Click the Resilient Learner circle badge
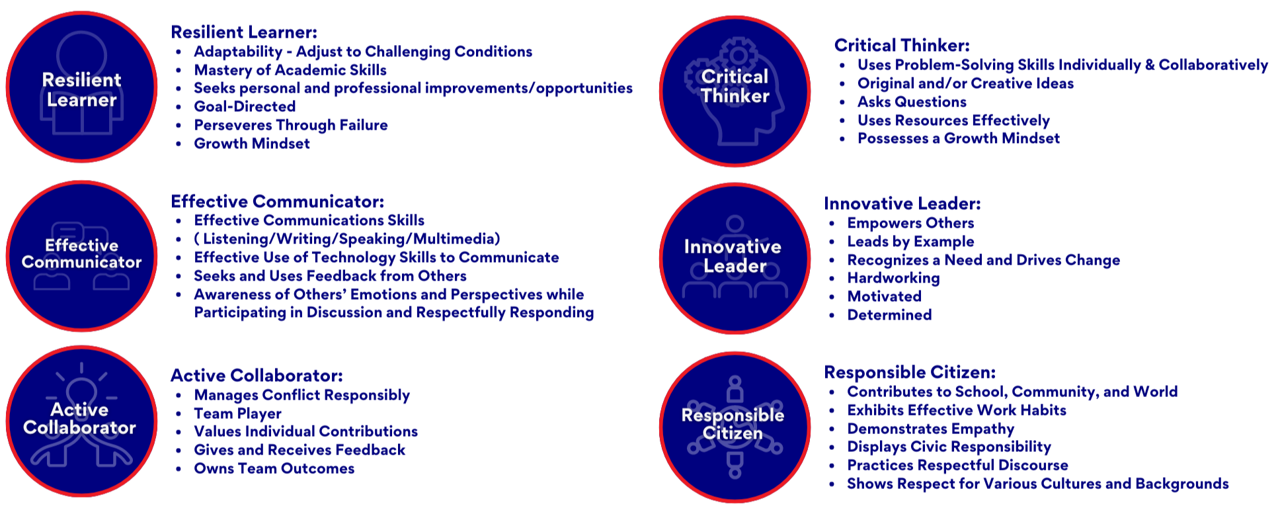tap(82, 87)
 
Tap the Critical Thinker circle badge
tap(735, 91)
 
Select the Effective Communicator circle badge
tap(82, 256)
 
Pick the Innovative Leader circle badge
tap(735, 259)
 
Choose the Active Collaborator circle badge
tap(82, 421)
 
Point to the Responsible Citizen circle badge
tap(735, 427)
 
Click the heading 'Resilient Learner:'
tap(244, 32)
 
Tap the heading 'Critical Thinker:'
tap(902, 45)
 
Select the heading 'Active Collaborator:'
tap(257, 375)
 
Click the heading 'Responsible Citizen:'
tap(910, 372)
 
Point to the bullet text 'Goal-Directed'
tap(245, 107)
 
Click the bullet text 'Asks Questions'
tap(912, 102)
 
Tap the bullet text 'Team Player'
tap(237, 414)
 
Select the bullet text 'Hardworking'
tap(893, 278)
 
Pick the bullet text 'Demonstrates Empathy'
tap(930, 429)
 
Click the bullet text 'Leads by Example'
tap(910, 242)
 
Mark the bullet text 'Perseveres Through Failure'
tap(291, 125)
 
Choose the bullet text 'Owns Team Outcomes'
tap(274, 468)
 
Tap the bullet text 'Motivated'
tap(884, 296)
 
